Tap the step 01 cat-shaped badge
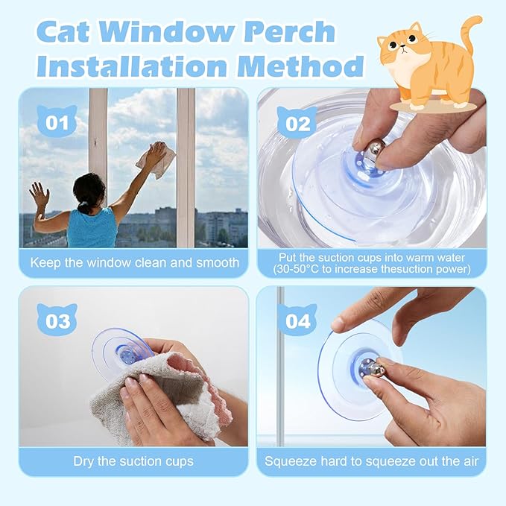click(x=57, y=121)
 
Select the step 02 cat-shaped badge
click(x=297, y=121)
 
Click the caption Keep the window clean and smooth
click(x=134, y=262)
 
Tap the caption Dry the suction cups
click(x=133, y=461)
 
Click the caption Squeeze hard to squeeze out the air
click(x=371, y=461)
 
